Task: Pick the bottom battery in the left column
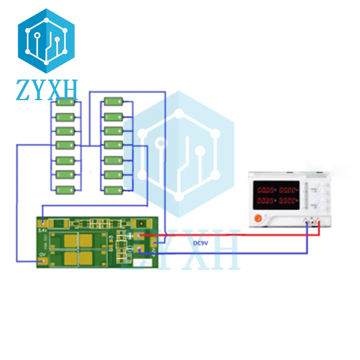click(66, 189)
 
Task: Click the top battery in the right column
click(114, 102)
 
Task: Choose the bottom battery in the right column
click(114, 189)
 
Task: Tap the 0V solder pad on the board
click(44, 261)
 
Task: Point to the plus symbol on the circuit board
click(129, 236)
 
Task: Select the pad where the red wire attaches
click(140, 236)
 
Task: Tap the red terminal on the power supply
click(319, 223)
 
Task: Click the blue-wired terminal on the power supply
click(307, 223)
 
